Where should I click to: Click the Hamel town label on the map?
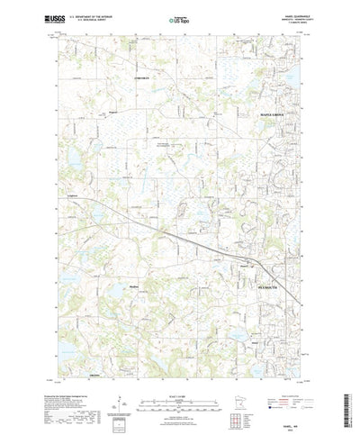click(247, 265)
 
